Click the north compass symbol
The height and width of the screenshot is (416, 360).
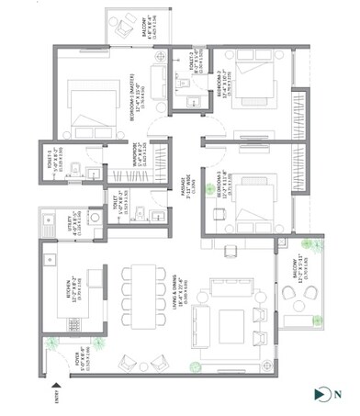click(321, 395)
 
